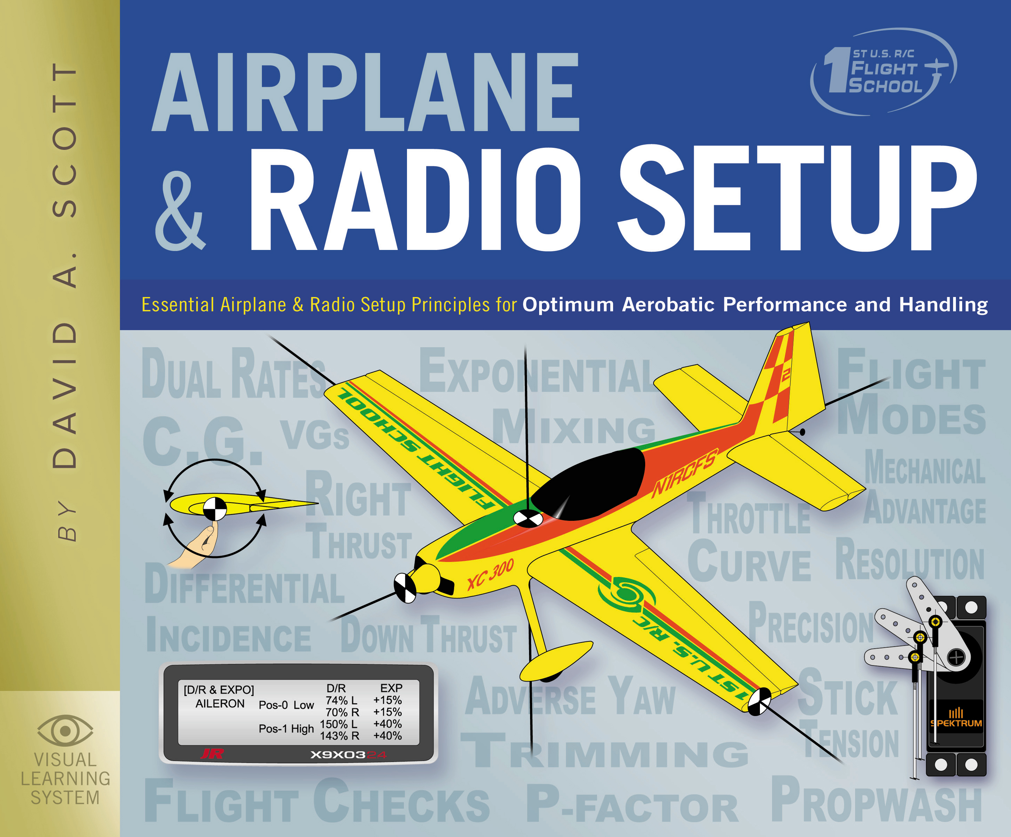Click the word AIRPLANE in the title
[x=365, y=92]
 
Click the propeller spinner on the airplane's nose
[x=405, y=588]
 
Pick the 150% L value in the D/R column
[x=338, y=724]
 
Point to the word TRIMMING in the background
[x=604, y=751]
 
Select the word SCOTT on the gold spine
[x=65, y=139]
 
